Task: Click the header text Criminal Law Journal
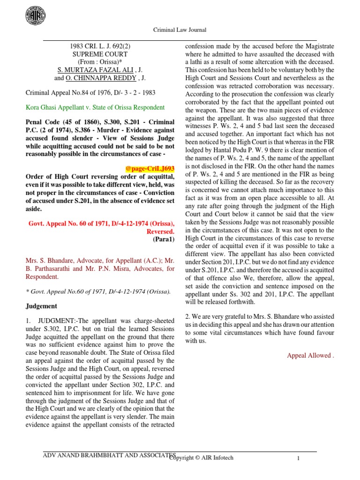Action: tap(180, 30)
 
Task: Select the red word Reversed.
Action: tap(161, 231)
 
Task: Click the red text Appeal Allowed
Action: tap(310, 355)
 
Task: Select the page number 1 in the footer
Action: tap(298, 458)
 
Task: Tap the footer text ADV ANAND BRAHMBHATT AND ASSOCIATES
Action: tap(109, 455)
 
